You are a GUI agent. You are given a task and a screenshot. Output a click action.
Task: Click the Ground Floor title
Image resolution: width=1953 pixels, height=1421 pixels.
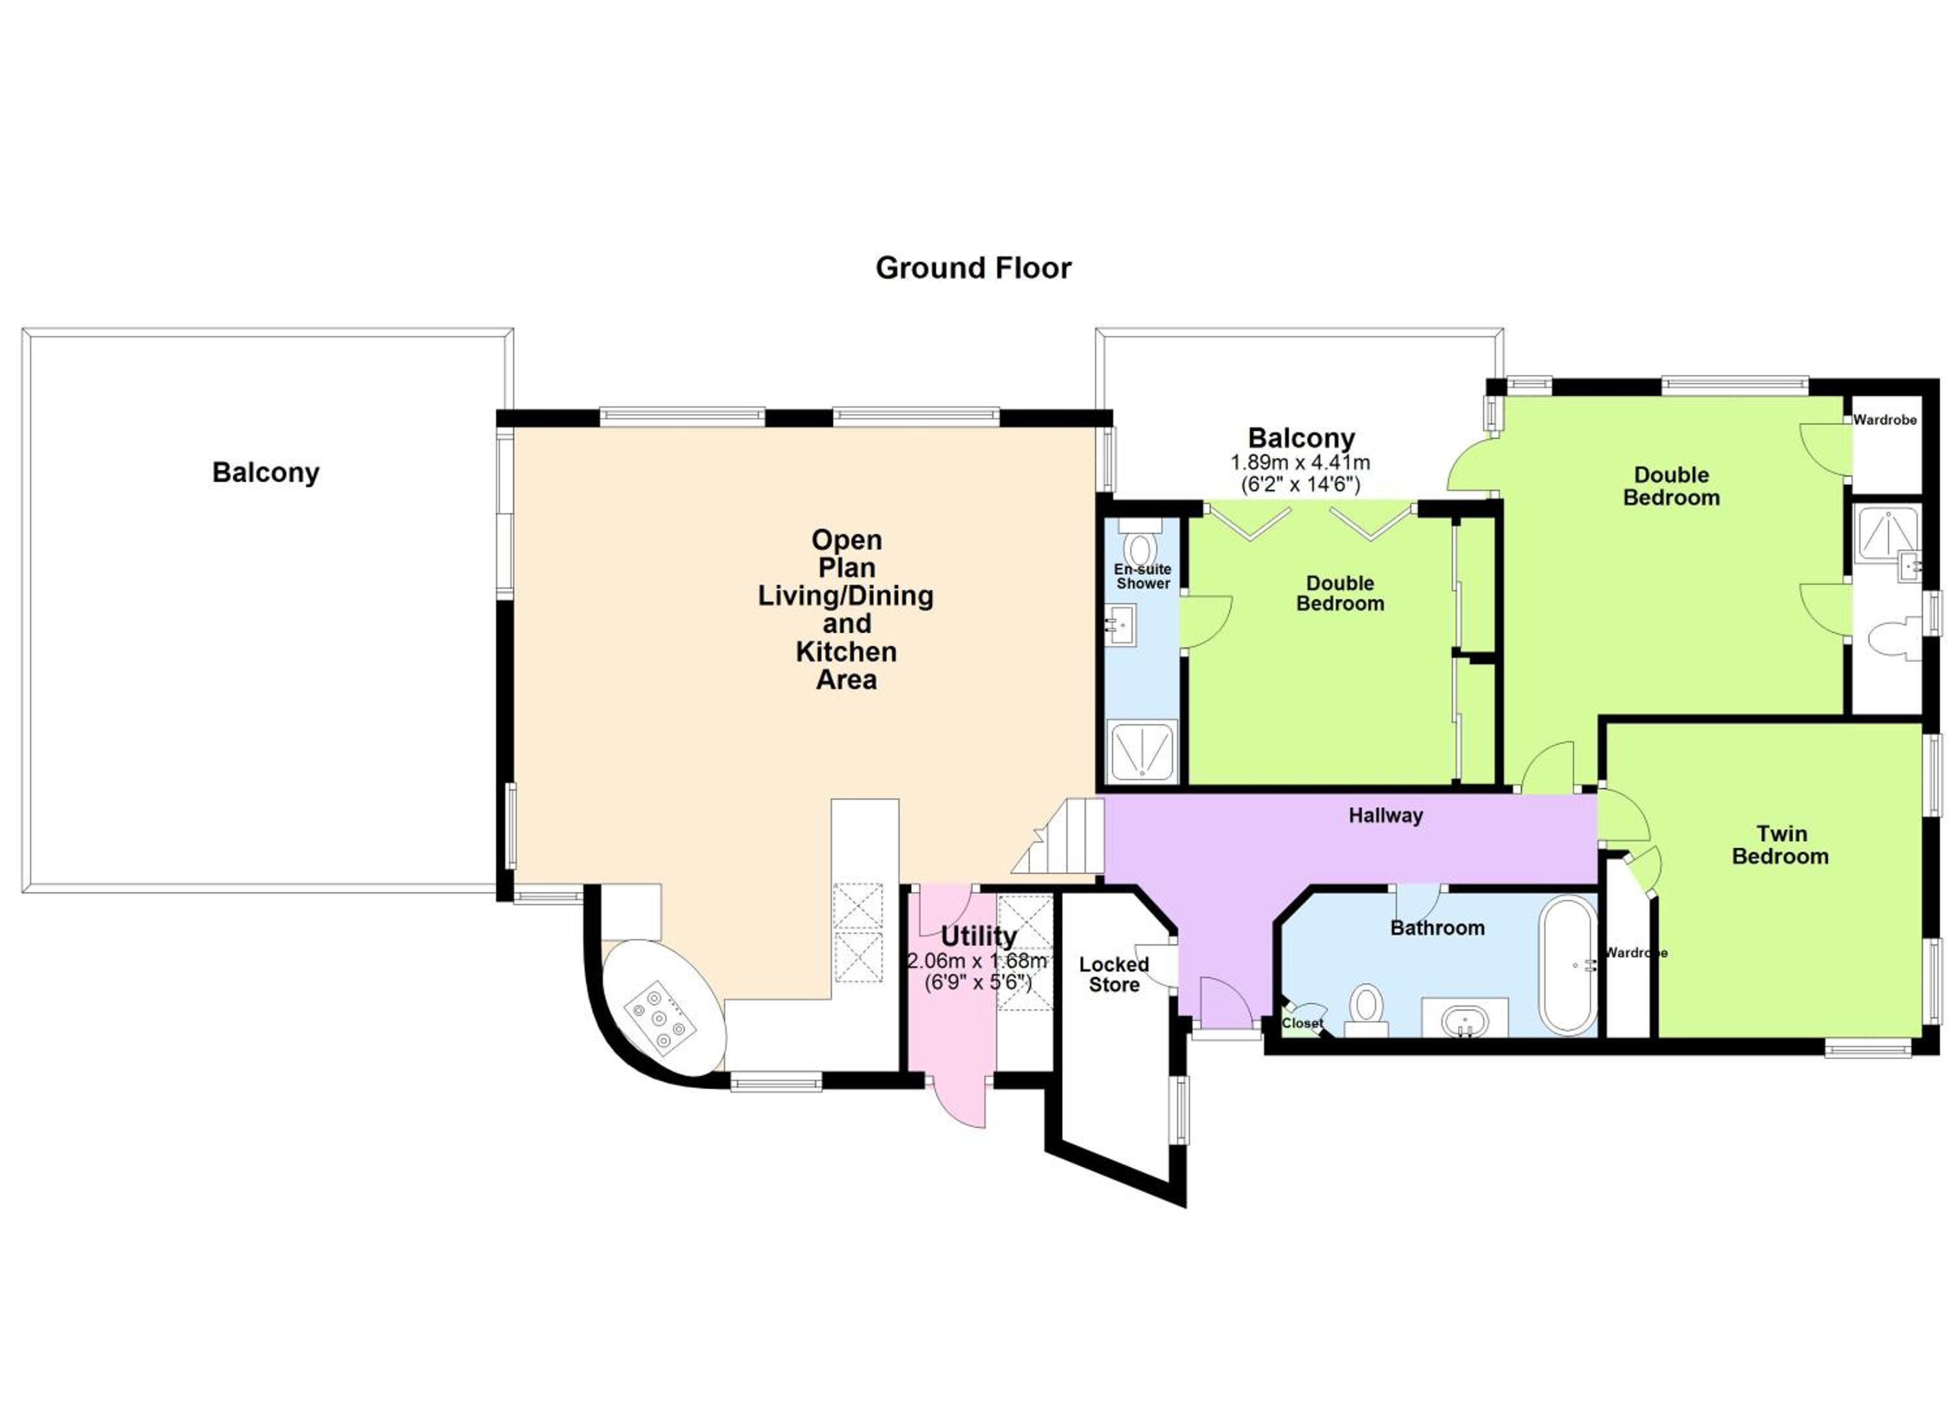pyautogui.click(x=973, y=268)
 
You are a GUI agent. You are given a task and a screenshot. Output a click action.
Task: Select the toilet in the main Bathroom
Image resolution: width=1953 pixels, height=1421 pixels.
pyautogui.click(x=1366, y=1009)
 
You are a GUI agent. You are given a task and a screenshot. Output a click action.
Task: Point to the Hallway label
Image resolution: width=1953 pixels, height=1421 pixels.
pyautogui.click(x=1385, y=815)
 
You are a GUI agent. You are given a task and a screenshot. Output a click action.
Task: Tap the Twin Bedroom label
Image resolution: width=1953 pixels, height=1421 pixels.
pyautogui.click(x=1780, y=845)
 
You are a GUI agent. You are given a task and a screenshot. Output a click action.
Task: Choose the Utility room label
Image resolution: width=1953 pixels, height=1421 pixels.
pyautogui.click(x=978, y=936)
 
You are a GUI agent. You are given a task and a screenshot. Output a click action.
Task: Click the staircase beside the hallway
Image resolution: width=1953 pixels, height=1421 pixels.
pyautogui.click(x=1059, y=836)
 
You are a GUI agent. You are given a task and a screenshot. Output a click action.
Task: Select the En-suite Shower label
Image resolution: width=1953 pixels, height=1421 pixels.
pyautogui.click(x=1143, y=576)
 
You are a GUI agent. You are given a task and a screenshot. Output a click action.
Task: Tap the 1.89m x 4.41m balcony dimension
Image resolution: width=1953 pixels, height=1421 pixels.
pyautogui.click(x=1300, y=462)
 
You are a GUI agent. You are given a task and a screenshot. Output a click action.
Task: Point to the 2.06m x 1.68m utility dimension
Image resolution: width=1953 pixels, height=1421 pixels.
pyautogui.click(x=977, y=961)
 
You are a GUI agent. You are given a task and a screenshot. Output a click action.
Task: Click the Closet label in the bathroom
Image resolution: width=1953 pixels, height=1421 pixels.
pyautogui.click(x=1302, y=1023)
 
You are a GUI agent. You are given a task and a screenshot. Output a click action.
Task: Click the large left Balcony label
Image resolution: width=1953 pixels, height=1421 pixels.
pyautogui.click(x=266, y=472)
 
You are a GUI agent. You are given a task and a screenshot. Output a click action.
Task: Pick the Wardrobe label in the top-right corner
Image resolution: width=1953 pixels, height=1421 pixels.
pyautogui.click(x=1885, y=420)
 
